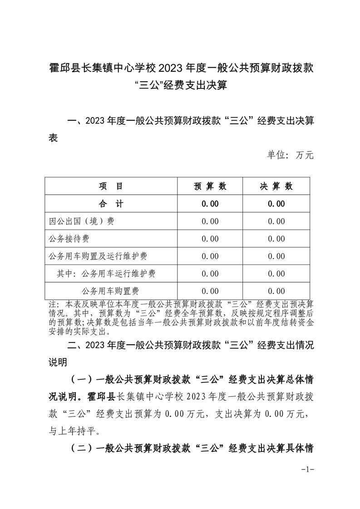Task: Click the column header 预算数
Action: click(210, 186)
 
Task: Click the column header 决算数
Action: click(276, 186)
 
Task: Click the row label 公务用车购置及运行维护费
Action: click(99, 256)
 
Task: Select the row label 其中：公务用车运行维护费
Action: click(107, 274)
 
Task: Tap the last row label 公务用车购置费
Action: click(110, 291)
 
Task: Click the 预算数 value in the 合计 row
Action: click(210, 204)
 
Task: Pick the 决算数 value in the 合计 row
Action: click(276, 204)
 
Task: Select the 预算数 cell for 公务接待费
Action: click(210, 239)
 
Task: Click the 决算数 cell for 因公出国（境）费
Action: click(276, 221)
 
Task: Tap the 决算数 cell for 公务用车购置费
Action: click(276, 291)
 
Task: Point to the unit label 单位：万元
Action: click(290, 155)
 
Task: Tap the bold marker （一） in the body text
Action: click(82, 378)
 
